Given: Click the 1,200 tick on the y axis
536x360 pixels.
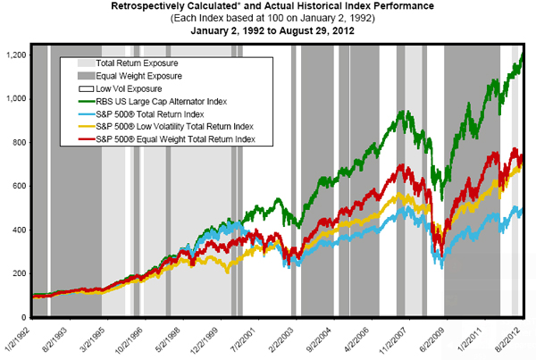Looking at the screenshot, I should click(x=17, y=55).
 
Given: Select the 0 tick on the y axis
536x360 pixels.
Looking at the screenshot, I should click(x=25, y=317).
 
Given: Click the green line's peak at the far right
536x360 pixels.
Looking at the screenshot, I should click(x=522, y=54).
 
